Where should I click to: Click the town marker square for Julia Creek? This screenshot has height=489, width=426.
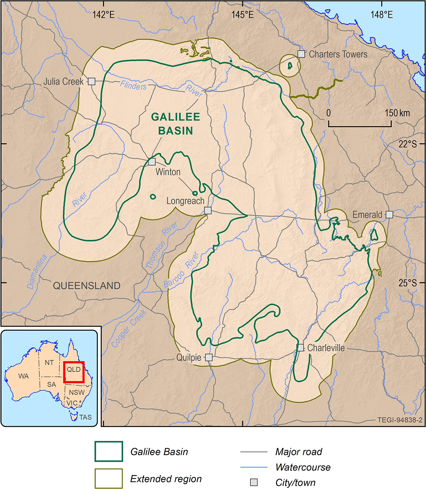(x=92, y=81)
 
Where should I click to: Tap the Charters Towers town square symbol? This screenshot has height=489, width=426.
(x=301, y=54)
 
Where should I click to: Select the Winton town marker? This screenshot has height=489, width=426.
(x=152, y=162)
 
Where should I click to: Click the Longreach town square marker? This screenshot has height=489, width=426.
(x=208, y=210)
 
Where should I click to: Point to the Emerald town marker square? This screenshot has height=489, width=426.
(x=389, y=214)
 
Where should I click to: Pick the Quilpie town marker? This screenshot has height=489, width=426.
(x=209, y=357)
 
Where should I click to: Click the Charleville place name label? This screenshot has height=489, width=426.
(x=326, y=348)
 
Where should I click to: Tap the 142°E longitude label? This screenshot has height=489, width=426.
(x=104, y=15)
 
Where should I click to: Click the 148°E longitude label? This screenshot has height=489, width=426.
(x=382, y=15)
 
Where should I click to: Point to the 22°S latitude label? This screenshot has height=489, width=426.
(x=407, y=144)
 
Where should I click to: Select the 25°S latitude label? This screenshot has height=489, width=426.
(x=407, y=283)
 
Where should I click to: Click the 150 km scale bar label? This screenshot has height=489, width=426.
(x=397, y=113)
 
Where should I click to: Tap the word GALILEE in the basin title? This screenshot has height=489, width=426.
(x=175, y=117)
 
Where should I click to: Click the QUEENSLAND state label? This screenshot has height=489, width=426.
(x=87, y=286)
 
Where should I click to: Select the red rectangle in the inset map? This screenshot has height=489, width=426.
(x=74, y=372)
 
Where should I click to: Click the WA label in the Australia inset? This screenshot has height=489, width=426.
(x=23, y=376)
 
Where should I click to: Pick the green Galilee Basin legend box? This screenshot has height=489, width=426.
(x=109, y=451)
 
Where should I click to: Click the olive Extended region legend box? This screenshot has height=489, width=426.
(x=109, y=478)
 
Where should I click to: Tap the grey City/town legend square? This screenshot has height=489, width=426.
(x=254, y=482)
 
